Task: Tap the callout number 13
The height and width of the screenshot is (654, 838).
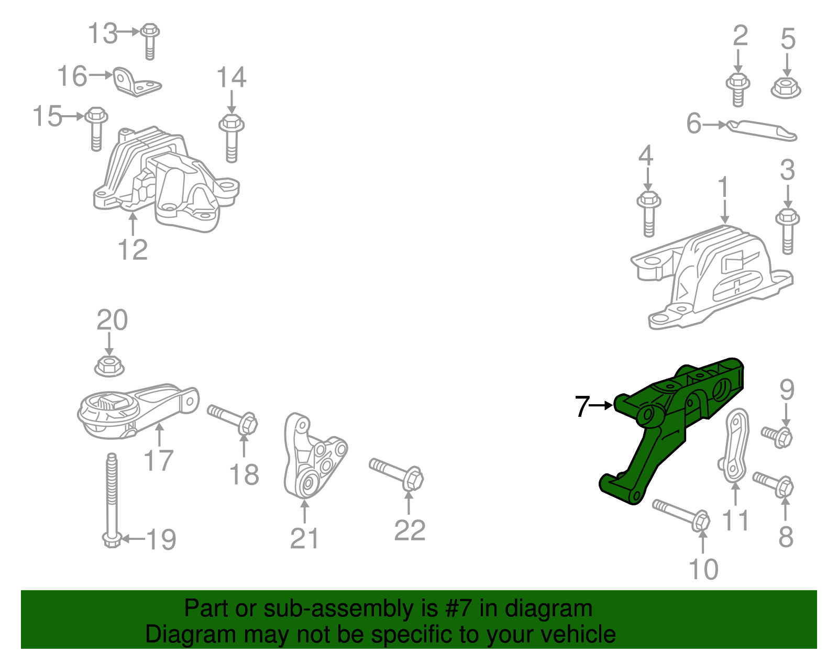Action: [103, 33]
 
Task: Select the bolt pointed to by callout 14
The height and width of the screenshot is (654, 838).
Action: [231, 138]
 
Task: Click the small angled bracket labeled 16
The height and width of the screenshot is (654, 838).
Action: [137, 82]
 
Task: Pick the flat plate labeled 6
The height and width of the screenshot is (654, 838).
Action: [762, 131]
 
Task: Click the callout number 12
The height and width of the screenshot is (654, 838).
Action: [133, 250]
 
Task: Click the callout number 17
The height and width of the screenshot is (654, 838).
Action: [159, 461]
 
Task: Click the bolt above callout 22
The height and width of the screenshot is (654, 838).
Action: [396, 474]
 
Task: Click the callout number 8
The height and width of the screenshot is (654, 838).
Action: [786, 537]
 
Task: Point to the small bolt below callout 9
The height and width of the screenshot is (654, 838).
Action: [777, 437]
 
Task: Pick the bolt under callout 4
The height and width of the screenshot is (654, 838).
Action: [648, 214]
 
